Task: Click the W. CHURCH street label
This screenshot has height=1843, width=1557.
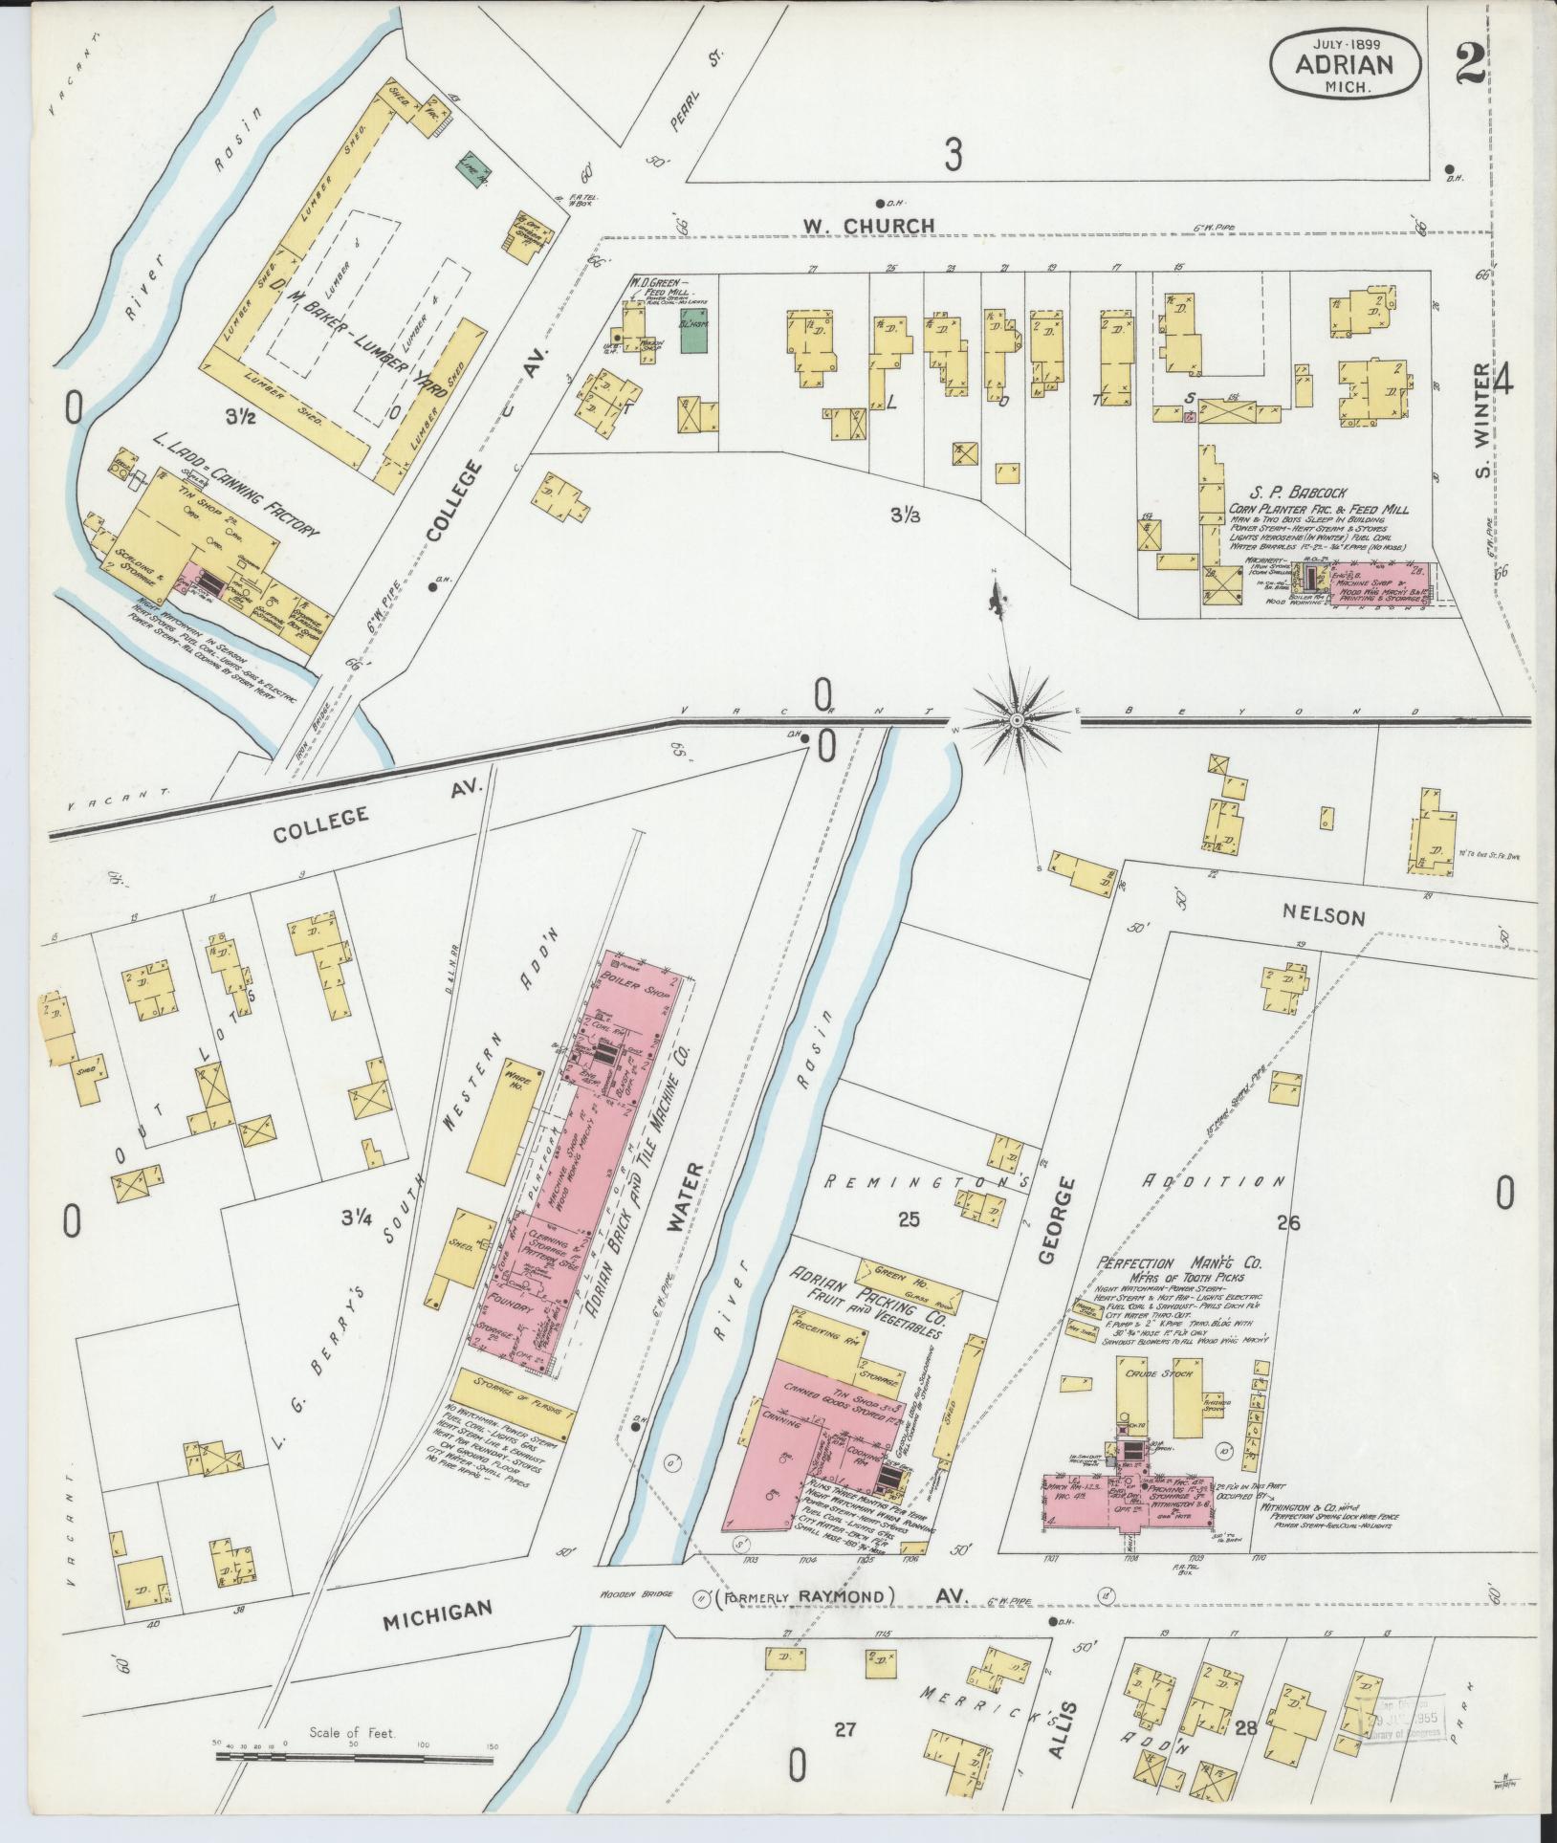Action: (x=868, y=226)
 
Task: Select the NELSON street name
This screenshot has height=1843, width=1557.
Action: (x=1330, y=917)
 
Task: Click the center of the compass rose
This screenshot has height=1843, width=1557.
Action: (x=1017, y=717)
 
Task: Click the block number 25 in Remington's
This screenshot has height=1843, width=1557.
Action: (x=908, y=1218)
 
